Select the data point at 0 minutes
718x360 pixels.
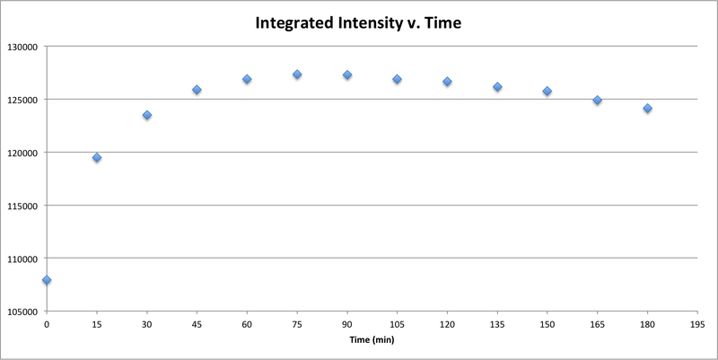click(x=47, y=280)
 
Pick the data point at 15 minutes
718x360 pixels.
click(x=97, y=158)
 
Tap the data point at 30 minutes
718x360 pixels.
click(x=147, y=115)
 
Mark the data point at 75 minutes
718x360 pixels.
click(x=297, y=75)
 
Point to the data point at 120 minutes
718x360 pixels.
click(x=447, y=82)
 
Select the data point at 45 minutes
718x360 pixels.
click(x=197, y=90)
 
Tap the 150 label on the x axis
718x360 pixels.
click(x=547, y=324)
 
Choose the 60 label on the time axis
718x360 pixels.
click(x=247, y=324)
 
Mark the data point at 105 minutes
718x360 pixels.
click(x=397, y=79)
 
